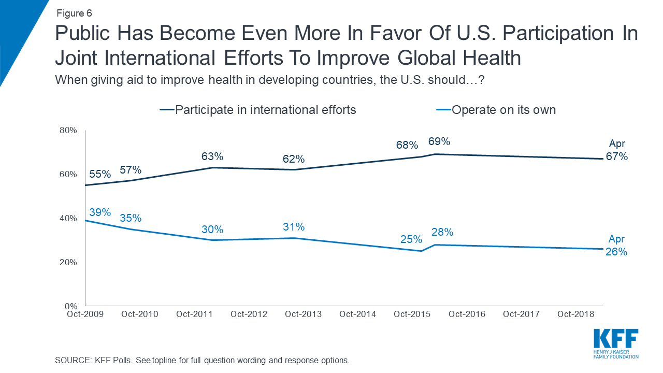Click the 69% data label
pos(439,141)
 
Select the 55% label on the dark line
pos(100,175)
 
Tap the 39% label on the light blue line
pos(100,212)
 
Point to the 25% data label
pos(411,240)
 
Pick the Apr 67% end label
pos(617,150)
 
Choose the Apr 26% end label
pos(617,246)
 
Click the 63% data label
pos(212,156)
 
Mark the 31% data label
pos(294,227)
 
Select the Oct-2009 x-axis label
pos(85,314)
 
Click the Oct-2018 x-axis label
pos(574,314)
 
